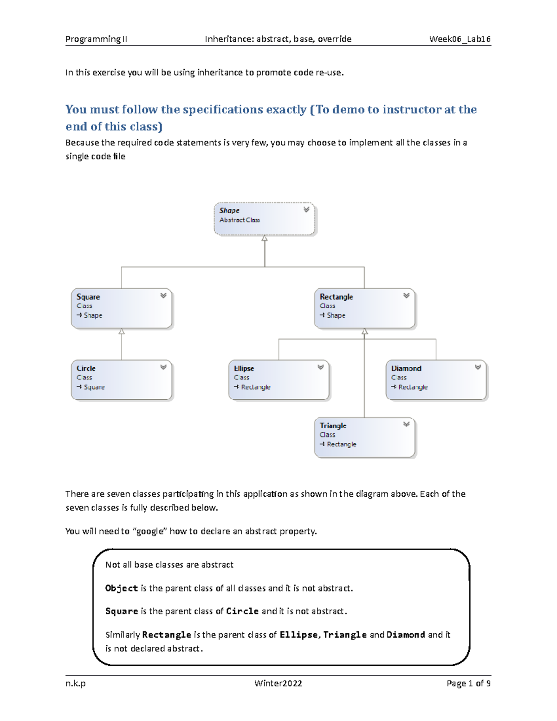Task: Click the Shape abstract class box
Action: click(x=264, y=219)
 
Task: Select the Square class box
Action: click(x=122, y=308)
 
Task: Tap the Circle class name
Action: click(x=86, y=368)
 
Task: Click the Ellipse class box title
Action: click(x=244, y=368)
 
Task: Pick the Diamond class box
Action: click(x=436, y=380)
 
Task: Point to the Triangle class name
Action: click(x=333, y=425)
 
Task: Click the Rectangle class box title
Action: click(x=336, y=297)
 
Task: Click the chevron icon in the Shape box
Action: click(x=306, y=210)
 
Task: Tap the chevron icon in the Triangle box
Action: click(x=406, y=424)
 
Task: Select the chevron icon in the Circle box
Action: click(x=163, y=367)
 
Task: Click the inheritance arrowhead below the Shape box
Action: click(x=265, y=238)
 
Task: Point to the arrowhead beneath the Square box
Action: click(x=122, y=331)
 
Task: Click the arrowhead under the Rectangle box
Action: click(x=365, y=331)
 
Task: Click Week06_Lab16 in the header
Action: click(x=460, y=39)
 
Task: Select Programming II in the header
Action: click(x=96, y=39)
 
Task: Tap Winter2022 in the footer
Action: click(x=278, y=683)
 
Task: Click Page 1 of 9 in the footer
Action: click(x=468, y=683)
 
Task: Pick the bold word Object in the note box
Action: click(x=122, y=588)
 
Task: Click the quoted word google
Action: click(x=150, y=531)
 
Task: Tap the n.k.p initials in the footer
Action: click(x=75, y=683)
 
